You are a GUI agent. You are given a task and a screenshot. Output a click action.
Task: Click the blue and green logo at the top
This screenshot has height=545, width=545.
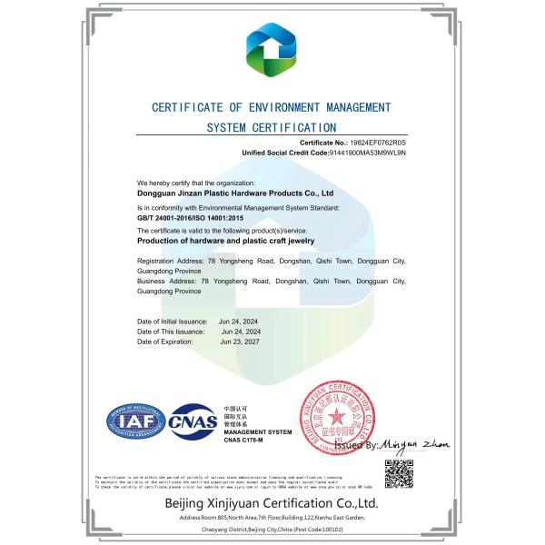(271, 51)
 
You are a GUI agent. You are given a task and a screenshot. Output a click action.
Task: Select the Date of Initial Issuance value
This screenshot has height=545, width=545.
(239, 322)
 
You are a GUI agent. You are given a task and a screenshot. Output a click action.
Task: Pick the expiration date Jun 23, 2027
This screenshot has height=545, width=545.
(241, 343)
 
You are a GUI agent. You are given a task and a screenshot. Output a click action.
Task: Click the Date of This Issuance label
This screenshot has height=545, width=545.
(171, 332)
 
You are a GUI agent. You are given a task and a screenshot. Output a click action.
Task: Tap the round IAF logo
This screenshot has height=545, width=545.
(134, 421)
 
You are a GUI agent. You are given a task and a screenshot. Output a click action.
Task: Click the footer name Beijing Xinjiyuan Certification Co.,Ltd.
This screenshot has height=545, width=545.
(271, 502)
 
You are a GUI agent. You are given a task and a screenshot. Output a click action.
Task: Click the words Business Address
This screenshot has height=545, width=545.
(163, 282)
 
